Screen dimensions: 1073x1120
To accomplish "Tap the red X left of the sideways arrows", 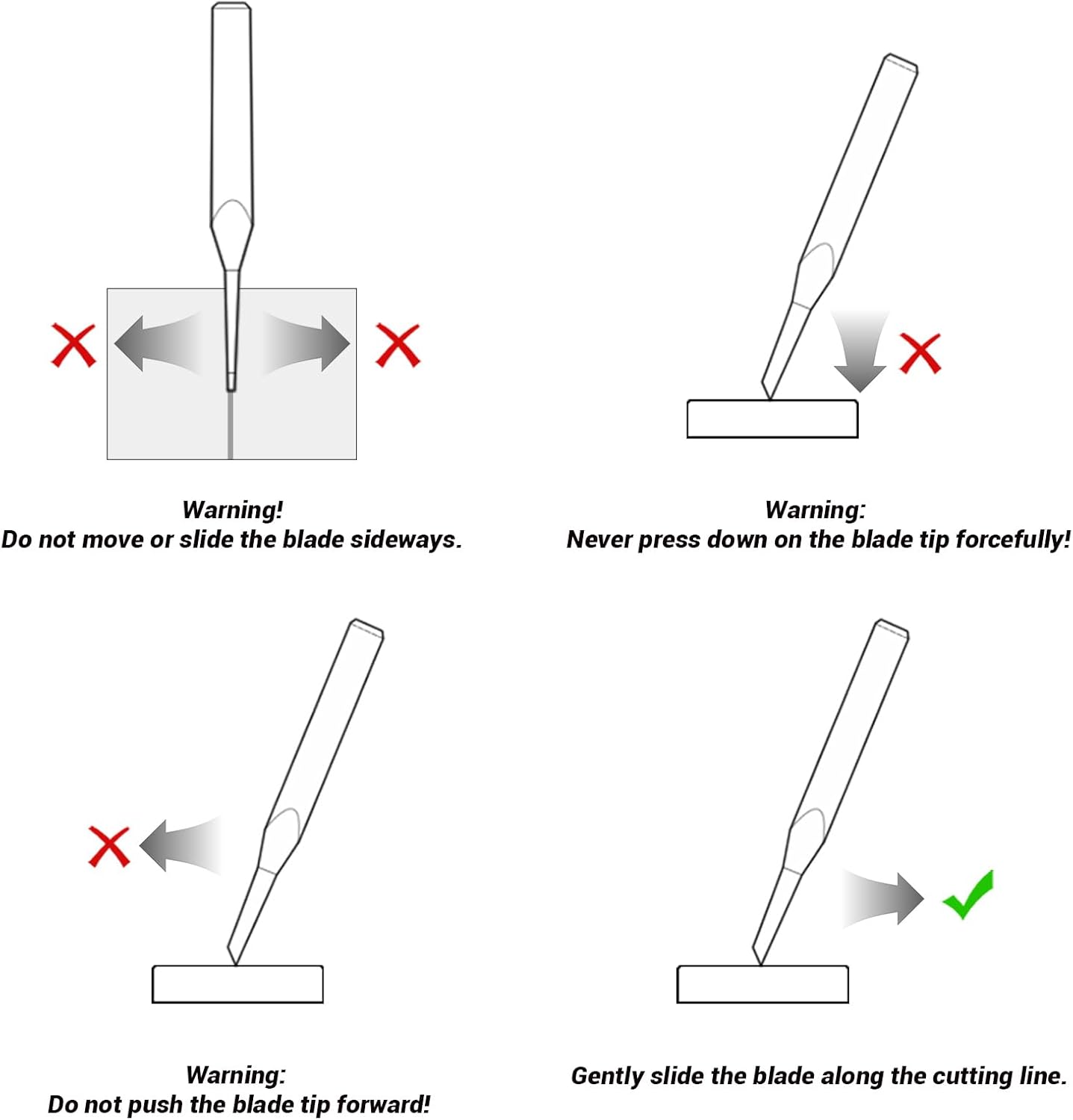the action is pyautogui.click(x=73, y=345).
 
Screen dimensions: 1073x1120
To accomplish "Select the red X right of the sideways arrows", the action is pyautogui.click(x=398, y=345).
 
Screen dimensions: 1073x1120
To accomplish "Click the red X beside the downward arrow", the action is pyautogui.click(x=920, y=353).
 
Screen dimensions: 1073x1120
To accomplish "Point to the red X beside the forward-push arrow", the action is pyautogui.click(x=109, y=846).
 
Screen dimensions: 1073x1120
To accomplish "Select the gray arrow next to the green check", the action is pyautogui.click(x=885, y=898).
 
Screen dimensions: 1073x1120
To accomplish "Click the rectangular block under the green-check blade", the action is pyautogui.click(x=762, y=984).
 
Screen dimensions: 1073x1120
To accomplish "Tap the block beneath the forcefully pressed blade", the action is pyautogui.click(x=772, y=419).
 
